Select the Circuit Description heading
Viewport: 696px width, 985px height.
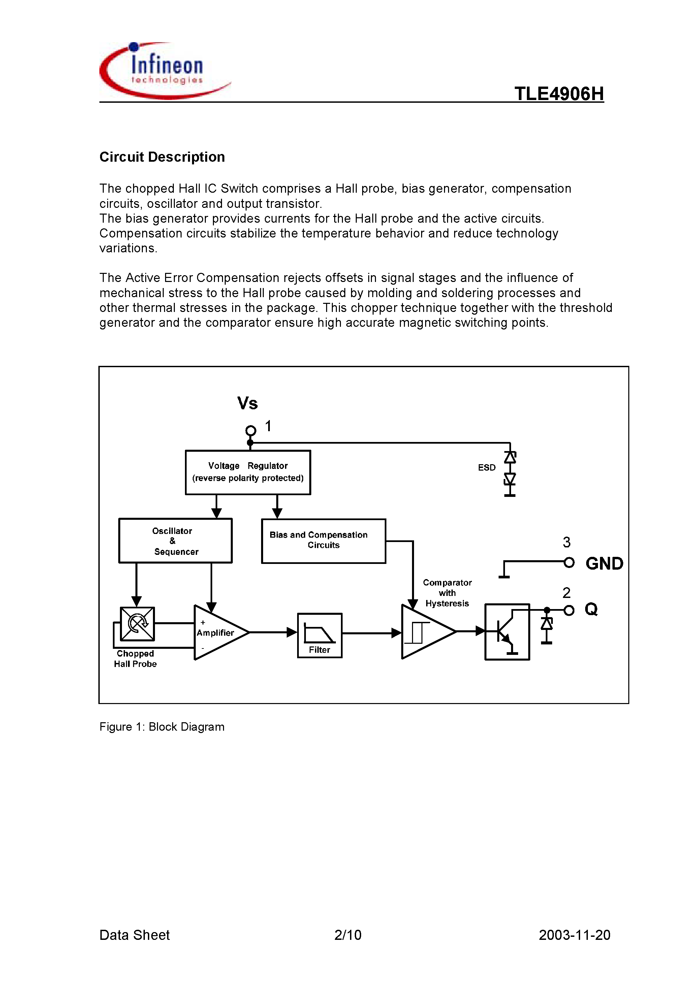(162, 157)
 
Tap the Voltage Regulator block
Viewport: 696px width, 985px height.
(248, 472)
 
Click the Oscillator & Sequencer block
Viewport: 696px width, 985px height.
(175, 541)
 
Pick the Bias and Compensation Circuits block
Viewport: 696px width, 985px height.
(323, 541)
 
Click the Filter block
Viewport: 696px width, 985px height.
(320, 635)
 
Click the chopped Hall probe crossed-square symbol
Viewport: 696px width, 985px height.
(137, 623)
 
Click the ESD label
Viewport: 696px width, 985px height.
(486, 468)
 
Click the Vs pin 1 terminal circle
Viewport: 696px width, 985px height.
(251, 430)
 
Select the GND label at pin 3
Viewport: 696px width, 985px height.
(604, 563)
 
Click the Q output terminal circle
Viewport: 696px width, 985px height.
(569, 610)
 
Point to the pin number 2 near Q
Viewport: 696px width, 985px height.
(566, 593)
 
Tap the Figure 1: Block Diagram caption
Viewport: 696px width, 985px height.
(162, 727)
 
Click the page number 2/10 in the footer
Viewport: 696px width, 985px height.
(348, 935)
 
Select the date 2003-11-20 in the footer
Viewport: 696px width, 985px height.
(574, 935)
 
